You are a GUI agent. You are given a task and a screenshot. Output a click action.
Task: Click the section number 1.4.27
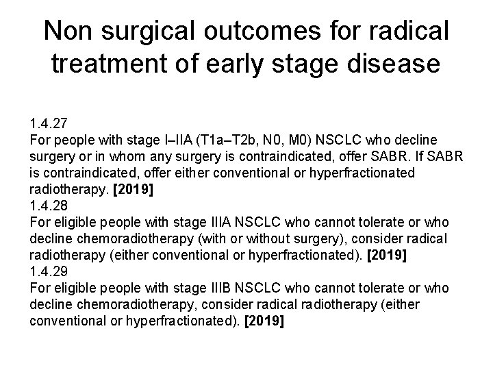[x=48, y=125]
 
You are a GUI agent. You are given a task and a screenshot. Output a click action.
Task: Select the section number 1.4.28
[x=48, y=206]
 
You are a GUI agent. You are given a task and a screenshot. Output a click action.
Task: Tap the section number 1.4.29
[x=48, y=271]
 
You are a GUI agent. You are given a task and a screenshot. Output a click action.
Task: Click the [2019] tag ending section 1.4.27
[x=134, y=189]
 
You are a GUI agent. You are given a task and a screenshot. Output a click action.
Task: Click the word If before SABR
[x=424, y=157]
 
